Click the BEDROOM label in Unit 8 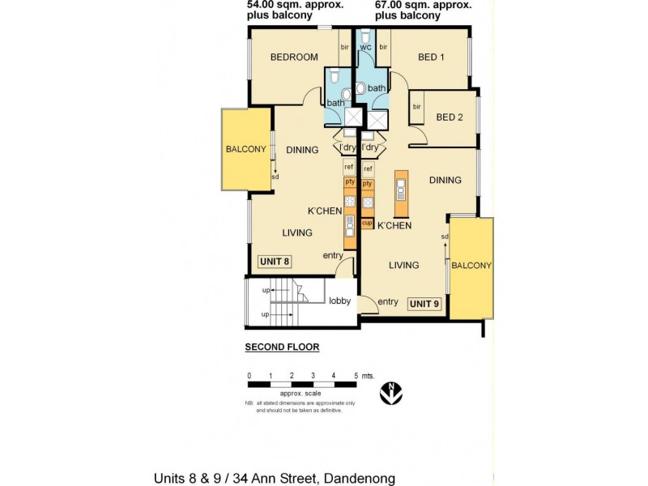point(293,57)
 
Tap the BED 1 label point(431,57)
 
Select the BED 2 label point(450,117)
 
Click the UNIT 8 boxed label point(275,261)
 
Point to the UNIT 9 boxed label point(424,304)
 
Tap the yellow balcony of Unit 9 point(471,266)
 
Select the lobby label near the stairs point(339,301)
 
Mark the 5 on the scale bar point(356,376)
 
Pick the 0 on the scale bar point(249,376)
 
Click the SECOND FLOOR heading point(282,347)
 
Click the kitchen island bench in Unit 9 point(399,189)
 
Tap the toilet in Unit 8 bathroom point(347,94)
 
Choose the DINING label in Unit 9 point(445,180)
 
